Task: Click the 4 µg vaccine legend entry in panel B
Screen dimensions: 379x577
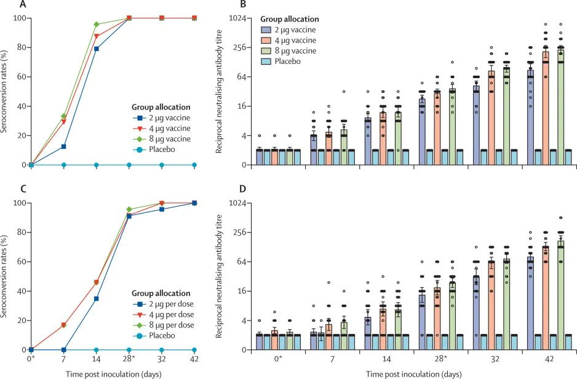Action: coord(293,40)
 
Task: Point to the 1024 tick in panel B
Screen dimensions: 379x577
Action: coord(238,18)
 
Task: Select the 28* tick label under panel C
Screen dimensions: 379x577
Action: coord(130,359)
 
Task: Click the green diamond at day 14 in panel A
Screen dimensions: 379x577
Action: coord(96,25)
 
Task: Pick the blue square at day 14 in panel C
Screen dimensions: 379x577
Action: coord(96,298)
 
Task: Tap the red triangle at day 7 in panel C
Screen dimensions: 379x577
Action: coord(63,325)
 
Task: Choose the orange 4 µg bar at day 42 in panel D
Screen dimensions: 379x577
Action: coord(545,297)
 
